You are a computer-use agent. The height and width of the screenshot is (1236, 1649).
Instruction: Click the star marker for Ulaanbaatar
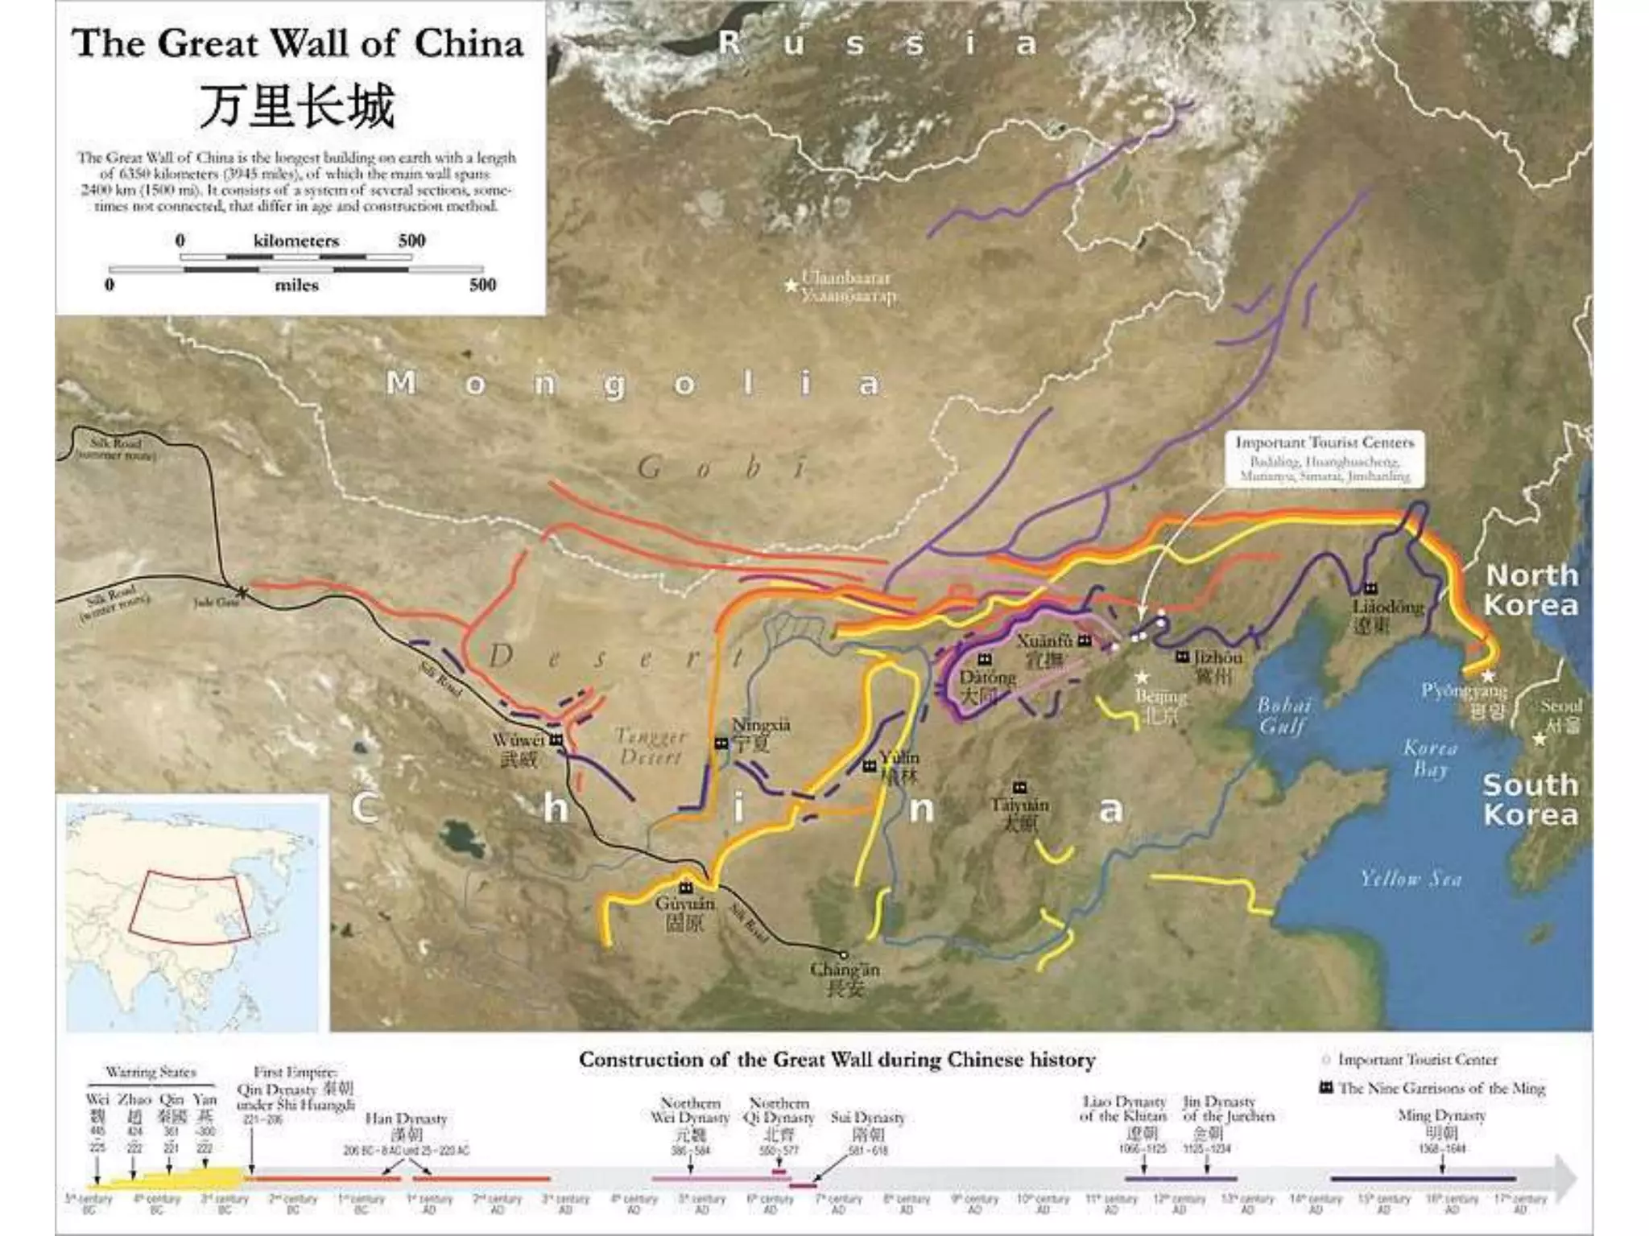(791, 286)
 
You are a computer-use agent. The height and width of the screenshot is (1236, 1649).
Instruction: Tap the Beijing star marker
(1142, 678)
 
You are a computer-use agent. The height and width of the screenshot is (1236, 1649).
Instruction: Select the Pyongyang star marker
(1487, 676)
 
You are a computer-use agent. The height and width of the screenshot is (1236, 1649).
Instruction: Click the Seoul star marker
(1539, 738)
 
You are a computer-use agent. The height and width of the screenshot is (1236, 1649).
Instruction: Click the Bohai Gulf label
(1283, 715)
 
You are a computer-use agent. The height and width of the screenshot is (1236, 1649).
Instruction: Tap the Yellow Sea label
(1410, 879)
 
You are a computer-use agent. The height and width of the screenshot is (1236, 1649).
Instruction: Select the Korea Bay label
(1430, 758)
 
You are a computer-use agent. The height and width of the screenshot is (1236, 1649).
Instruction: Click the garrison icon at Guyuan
(685, 887)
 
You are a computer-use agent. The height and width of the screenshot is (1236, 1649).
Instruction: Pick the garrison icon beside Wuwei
(556, 740)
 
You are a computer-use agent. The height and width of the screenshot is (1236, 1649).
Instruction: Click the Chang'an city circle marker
(843, 955)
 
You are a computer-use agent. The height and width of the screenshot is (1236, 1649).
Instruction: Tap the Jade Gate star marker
(242, 593)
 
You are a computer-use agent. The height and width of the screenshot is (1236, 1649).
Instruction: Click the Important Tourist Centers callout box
(1324, 459)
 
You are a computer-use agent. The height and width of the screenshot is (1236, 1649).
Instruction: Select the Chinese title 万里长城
(297, 107)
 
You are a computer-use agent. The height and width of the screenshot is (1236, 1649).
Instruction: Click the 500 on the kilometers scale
(411, 241)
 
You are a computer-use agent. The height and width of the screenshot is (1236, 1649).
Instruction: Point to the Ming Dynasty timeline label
(1441, 1116)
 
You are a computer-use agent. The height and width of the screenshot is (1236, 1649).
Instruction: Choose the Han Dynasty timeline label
(406, 1119)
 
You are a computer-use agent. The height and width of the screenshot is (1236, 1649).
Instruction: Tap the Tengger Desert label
(651, 746)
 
